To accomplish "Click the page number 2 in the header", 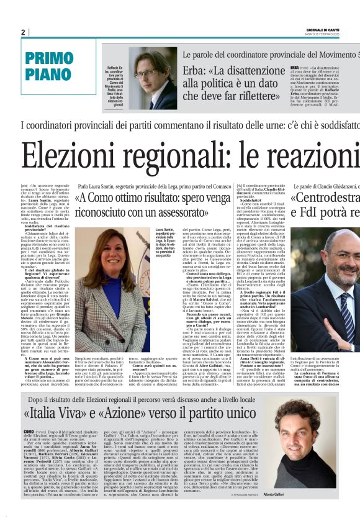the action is (24, 32).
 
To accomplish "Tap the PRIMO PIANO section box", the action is (53, 67).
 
